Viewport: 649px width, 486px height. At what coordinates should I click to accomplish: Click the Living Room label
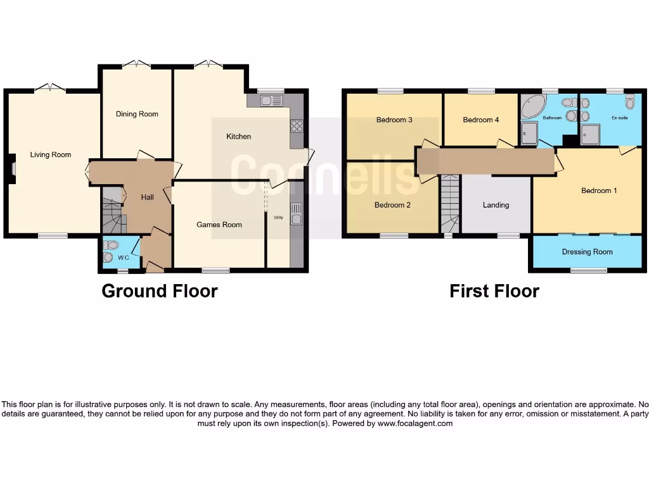coord(51,155)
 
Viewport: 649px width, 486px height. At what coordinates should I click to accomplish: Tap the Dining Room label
coord(137,115)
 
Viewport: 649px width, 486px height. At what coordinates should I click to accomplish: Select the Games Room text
coord(219,225)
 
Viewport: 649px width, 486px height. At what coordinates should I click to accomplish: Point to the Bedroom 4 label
coord(477,120)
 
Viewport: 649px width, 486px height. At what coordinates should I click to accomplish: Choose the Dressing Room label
coord(587,252)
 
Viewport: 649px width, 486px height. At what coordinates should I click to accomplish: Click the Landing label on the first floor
coord(496,205)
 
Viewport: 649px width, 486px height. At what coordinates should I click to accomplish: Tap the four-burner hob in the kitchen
coord(296,126)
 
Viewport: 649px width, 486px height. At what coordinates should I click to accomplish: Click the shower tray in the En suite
coord(591,134)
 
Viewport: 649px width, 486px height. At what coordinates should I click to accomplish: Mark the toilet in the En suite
coord(629,103)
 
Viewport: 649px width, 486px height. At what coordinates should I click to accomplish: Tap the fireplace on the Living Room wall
coord(13,169)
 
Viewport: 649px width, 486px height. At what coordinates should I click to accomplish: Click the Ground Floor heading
coord(160,291)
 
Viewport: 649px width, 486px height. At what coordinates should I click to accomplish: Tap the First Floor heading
coord(494,291)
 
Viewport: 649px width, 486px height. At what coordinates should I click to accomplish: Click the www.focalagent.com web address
coord(414,424)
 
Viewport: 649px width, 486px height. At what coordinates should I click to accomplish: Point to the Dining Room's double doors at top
coord(137,65)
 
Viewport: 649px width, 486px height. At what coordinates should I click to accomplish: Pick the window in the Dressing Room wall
coord(588,271)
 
